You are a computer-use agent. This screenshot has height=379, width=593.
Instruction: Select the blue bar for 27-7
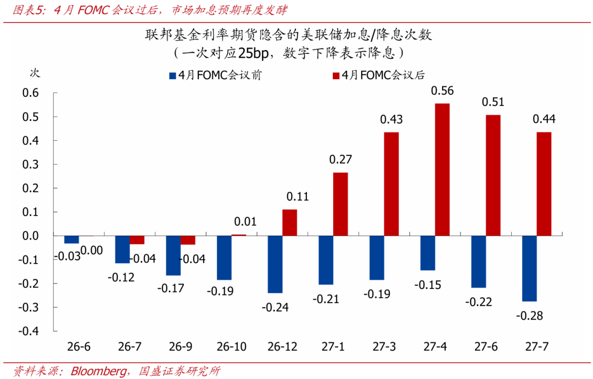(x=529, y=269)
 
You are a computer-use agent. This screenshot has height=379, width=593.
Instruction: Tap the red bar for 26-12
(x=289, y=222)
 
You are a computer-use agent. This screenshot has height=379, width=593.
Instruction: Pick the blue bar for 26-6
(x=71, y=239)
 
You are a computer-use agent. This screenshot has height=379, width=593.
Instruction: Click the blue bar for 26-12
(x=275, y=264)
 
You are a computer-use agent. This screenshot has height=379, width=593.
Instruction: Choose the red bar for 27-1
(x=340, y=204)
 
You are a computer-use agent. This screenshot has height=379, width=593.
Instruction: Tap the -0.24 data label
(x=275, y=308)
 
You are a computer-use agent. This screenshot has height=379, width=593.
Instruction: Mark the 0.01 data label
(x=245, y=222)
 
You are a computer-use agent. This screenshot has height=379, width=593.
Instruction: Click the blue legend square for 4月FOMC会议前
(x=172, y=76)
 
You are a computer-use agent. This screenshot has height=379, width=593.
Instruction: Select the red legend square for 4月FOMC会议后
(x=335, y=76)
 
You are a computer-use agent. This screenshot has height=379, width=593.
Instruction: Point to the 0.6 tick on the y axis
(x=31, y=93)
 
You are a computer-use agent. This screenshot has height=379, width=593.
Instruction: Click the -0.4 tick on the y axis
(x=29, y=331)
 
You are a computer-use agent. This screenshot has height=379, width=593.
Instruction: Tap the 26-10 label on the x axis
(x=232, y=347)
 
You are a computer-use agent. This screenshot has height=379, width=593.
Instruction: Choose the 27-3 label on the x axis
(x=384, y=347)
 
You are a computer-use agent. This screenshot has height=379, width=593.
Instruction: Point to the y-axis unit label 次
(x=35, y=72)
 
